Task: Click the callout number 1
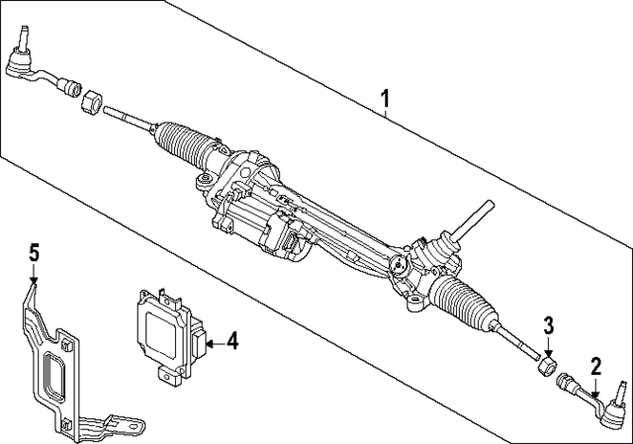[385, 99]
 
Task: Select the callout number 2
[595, 367]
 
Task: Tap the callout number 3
[548, 326]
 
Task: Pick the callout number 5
[34, 253]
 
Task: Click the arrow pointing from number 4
[215, 344]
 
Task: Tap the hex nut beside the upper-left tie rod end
[92, 103]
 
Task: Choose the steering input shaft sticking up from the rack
[473, 220]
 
